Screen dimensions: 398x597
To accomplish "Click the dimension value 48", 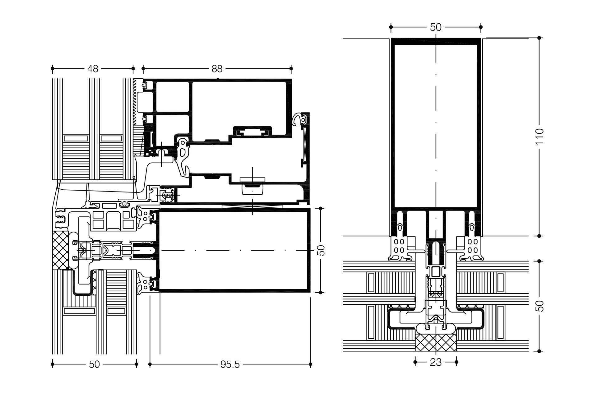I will (93, 68).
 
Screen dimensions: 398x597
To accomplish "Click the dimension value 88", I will (217, 68).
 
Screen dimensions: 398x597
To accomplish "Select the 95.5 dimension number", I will (230, 364).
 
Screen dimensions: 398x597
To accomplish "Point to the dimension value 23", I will (436, 362).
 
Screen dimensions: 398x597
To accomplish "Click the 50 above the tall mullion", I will (436, 27).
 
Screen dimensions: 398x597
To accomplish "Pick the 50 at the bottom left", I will (94, 364).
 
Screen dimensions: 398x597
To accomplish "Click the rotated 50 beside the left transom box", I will (322, 250).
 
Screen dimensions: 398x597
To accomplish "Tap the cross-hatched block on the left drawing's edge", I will (60, 250).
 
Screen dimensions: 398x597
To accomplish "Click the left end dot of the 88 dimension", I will (143, 68).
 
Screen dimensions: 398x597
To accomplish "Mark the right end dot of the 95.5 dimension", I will (310, 364).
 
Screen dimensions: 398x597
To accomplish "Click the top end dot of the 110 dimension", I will (539, 38).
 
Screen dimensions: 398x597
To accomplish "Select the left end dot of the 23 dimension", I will (415, 362).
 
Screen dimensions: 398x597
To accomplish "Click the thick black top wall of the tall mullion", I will (436, 41).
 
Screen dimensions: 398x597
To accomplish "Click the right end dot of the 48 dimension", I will (133, 68).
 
